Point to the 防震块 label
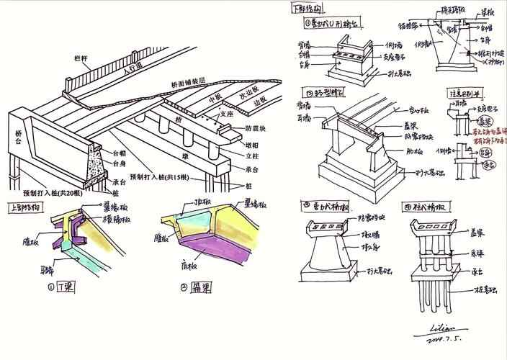point(256,129)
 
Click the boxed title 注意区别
point(465,94)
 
